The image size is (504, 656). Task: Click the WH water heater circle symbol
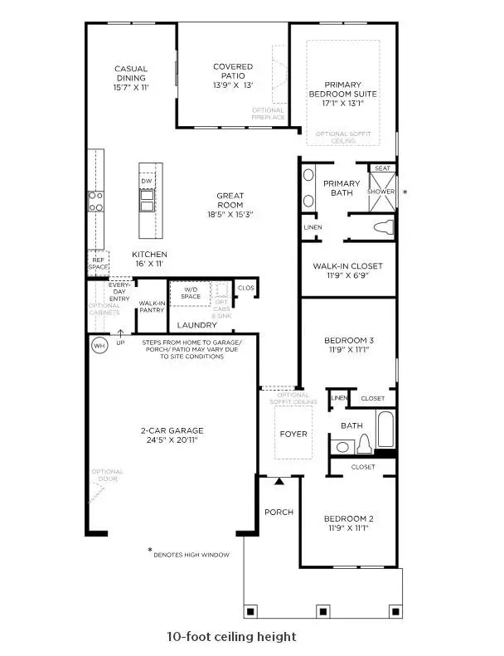pos(99,343)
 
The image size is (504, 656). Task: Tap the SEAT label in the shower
pos(382,168)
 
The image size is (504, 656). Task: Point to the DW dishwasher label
pos(147,181)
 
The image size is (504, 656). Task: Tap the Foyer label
pos(293,434)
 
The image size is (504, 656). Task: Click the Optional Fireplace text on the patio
pos(268,114)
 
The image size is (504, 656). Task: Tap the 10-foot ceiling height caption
pos(231,637)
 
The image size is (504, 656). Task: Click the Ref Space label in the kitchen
pos(98,263)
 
